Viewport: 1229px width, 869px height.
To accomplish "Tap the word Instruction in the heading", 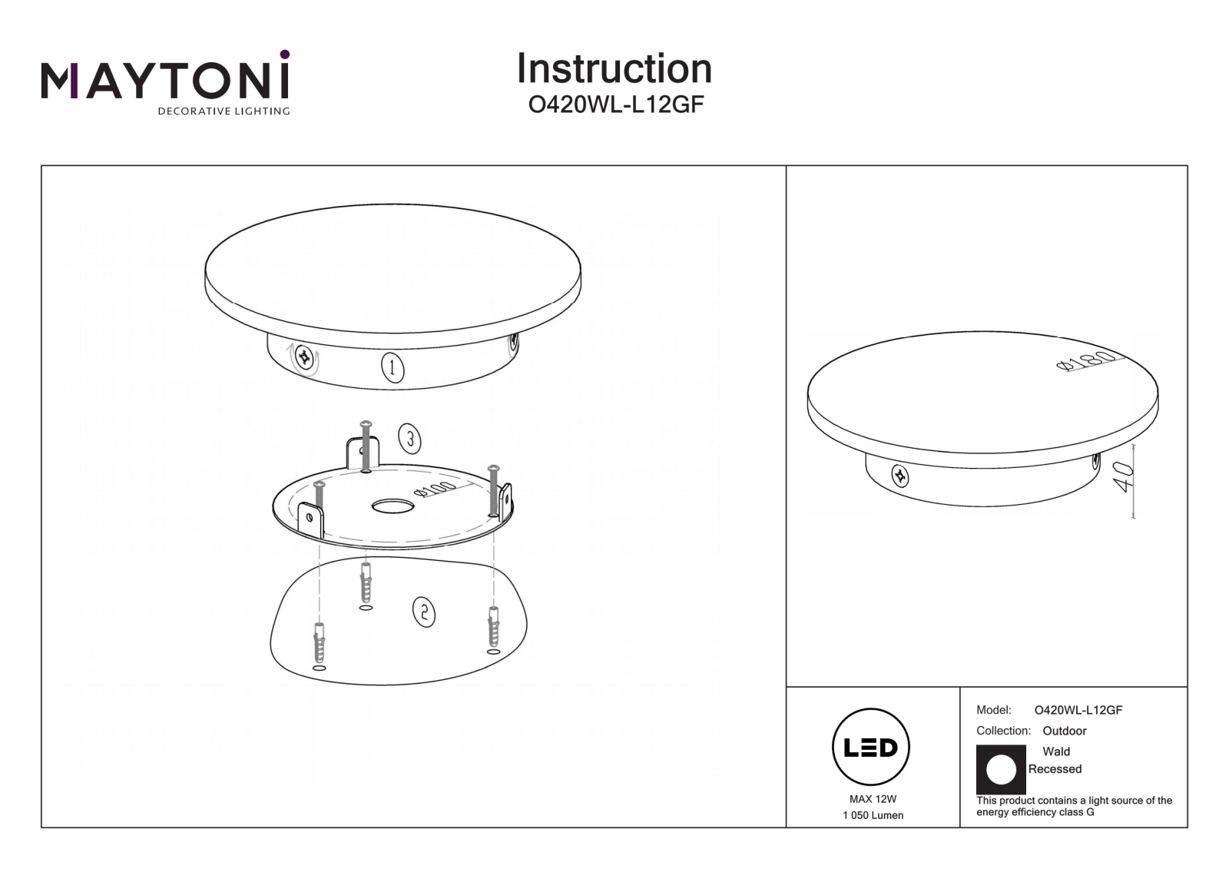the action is point(614,68).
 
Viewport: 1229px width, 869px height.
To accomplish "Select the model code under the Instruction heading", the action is point(615,104).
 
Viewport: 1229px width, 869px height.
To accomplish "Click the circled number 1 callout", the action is point(393,368).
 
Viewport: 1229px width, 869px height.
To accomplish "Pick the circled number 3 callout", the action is point(409,439).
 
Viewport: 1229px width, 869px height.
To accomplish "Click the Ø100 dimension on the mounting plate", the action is point(435,489).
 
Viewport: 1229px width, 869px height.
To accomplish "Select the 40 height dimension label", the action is point(1122,476).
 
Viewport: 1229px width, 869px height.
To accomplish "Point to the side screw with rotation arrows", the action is point(303,357).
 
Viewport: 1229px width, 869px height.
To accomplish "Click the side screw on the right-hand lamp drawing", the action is point(899,476).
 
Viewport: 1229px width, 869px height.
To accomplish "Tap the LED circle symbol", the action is point(871,747).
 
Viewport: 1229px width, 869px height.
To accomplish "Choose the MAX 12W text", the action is point(873,799).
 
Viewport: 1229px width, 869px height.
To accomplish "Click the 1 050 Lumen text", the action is point(873,816).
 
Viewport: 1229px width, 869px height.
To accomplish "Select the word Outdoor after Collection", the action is point(1065,731).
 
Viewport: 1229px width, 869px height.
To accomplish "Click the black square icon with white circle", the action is point(1001,769).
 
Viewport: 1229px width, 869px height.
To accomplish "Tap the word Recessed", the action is point(1055,769).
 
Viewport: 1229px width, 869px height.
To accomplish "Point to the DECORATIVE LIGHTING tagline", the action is point(224,111).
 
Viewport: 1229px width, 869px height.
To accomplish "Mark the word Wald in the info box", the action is point(1056,751).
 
